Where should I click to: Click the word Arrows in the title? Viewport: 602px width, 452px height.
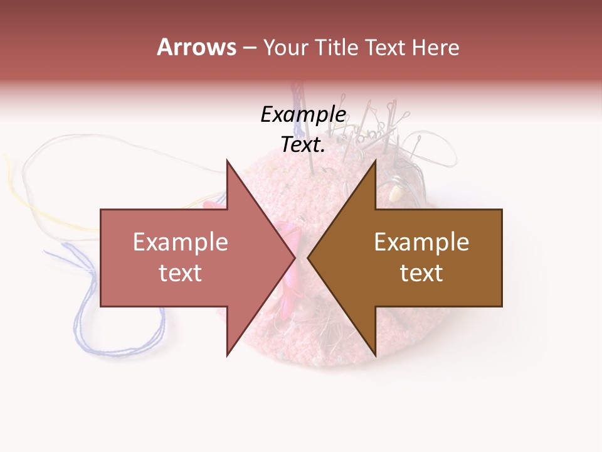pos(196,47)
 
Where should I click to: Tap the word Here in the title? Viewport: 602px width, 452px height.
pos(435,47)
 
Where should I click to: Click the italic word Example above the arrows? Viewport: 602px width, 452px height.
pos(303,114)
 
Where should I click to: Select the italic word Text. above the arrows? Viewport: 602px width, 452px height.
pos(303,144)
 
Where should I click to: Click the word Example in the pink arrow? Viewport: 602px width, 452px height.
pos(180,242)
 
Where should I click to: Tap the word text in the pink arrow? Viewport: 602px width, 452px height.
pos(180,273)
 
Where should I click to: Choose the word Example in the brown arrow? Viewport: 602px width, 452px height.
pos(421,242)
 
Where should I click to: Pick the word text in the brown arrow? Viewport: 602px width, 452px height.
pos(421,273)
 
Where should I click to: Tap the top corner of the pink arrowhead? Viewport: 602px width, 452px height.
pos(227,161)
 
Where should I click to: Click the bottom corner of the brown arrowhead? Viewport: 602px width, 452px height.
pos(375,355)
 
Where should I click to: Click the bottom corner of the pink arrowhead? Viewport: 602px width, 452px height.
pos(227,355)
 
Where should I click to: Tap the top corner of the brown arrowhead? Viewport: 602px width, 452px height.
pos(375,161)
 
